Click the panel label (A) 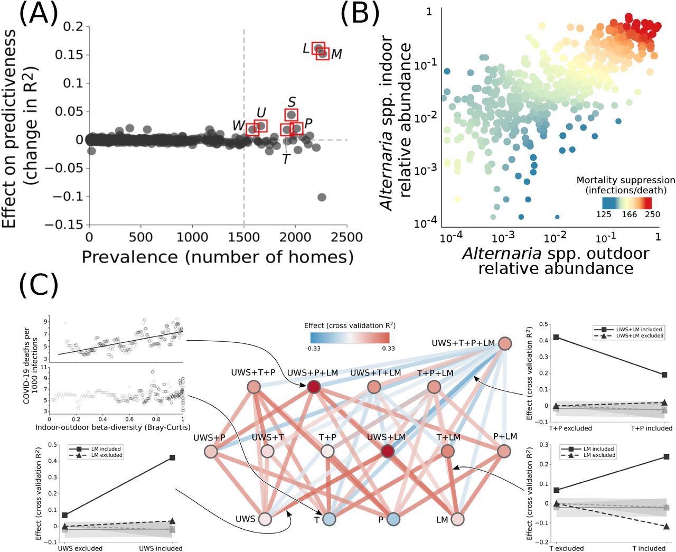[x=38, y=14]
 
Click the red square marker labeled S [x=291, y=115]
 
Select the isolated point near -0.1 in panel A [x=322, y=197]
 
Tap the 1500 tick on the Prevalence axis [x=244, y=235]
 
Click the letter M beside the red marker [x=336, y=54]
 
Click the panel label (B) [x=360, y=14]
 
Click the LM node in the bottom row [x=457, y=519]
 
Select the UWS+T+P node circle [x=254, y=387]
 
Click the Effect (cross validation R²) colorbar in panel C [x=350, y=338]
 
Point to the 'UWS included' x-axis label [x=162, y=548]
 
